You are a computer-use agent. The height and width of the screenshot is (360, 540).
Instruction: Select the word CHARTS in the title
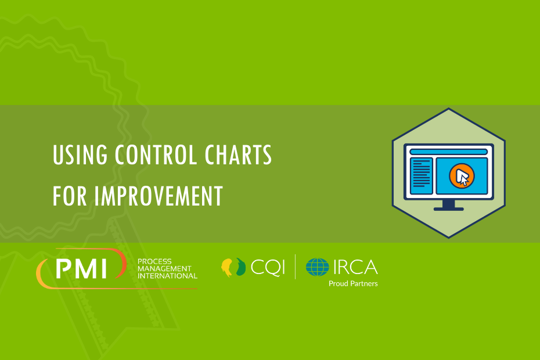click(x=238, y=154)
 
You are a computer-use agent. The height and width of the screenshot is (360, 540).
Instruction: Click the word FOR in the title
click(x=70, y=196)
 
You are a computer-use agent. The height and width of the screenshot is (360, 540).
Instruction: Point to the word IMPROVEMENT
click(x=159, y=196)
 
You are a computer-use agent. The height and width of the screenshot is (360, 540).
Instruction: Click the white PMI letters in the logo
click(x=82, y=268)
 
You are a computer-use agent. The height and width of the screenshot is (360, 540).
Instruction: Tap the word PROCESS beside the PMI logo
click(x=154, y=261)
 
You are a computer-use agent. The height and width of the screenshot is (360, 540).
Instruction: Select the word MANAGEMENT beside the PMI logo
click(x=164, y=269)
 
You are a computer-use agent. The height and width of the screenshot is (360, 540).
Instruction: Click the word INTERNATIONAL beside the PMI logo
click(x=167, y=276)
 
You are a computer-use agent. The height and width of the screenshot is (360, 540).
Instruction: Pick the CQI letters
click(x=268, y=267)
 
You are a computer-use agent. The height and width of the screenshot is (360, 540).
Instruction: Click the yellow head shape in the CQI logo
click(x=226, y=267)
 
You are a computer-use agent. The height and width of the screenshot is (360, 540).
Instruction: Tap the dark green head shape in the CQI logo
click(x=241, y=267)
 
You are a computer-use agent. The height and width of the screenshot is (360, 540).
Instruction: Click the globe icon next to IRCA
click(x=317, y=267)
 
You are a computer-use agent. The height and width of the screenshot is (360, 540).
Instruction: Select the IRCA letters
click(x=355, y=267)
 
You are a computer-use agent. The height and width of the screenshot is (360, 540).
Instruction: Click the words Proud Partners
click(x=353, y=283)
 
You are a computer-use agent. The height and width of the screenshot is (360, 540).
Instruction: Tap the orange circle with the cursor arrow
click(x=462, y=176)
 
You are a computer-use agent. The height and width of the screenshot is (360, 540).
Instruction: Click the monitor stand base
click(x=448, y=209)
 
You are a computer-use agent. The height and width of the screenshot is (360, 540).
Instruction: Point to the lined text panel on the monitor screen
click(x=421, y=176)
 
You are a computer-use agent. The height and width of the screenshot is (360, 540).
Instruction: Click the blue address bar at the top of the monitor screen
click(x=448, y=152)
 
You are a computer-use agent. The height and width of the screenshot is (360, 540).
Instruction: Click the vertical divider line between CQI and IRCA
click(x=295, y=267)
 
